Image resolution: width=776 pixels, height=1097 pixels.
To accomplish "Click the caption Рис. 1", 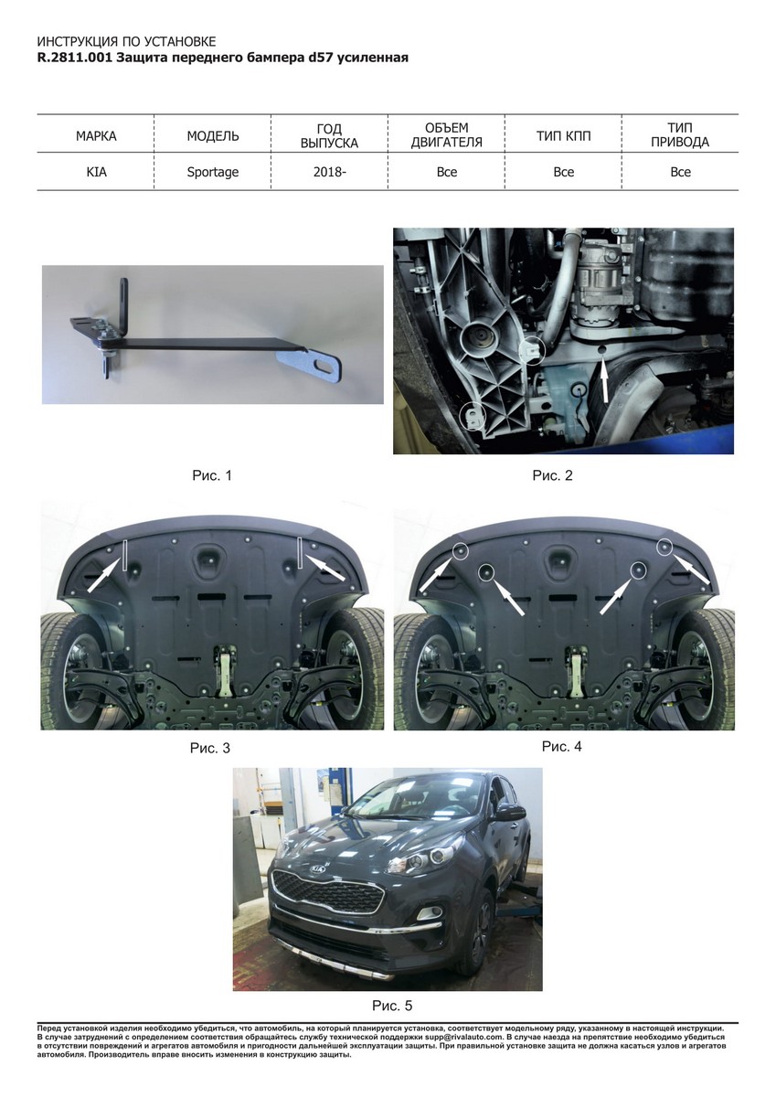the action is click(211, 475).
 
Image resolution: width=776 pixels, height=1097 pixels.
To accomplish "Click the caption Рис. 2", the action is click(552, 475).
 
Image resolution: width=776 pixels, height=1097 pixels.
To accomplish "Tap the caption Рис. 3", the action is click(209, 749).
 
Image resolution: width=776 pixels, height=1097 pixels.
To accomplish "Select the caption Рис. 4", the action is click(561, 746).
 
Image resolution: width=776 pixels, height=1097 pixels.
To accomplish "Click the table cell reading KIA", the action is click(96, 173).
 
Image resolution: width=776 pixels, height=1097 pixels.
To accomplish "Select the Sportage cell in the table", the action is click(212, 173).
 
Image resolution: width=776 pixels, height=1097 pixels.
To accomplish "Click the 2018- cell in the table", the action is click(329, 173).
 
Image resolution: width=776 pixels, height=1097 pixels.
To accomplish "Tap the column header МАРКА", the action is click(96, 136).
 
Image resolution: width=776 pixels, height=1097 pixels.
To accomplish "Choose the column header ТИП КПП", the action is click(564, 136).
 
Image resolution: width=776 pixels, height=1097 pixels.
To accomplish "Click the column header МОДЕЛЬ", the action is click(213, 136).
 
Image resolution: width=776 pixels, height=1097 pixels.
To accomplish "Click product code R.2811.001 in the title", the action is click(75, 58).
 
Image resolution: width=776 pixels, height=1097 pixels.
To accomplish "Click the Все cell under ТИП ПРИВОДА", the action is click(680, 173).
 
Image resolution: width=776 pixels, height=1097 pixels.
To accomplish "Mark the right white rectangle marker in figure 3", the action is click(300, 553).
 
